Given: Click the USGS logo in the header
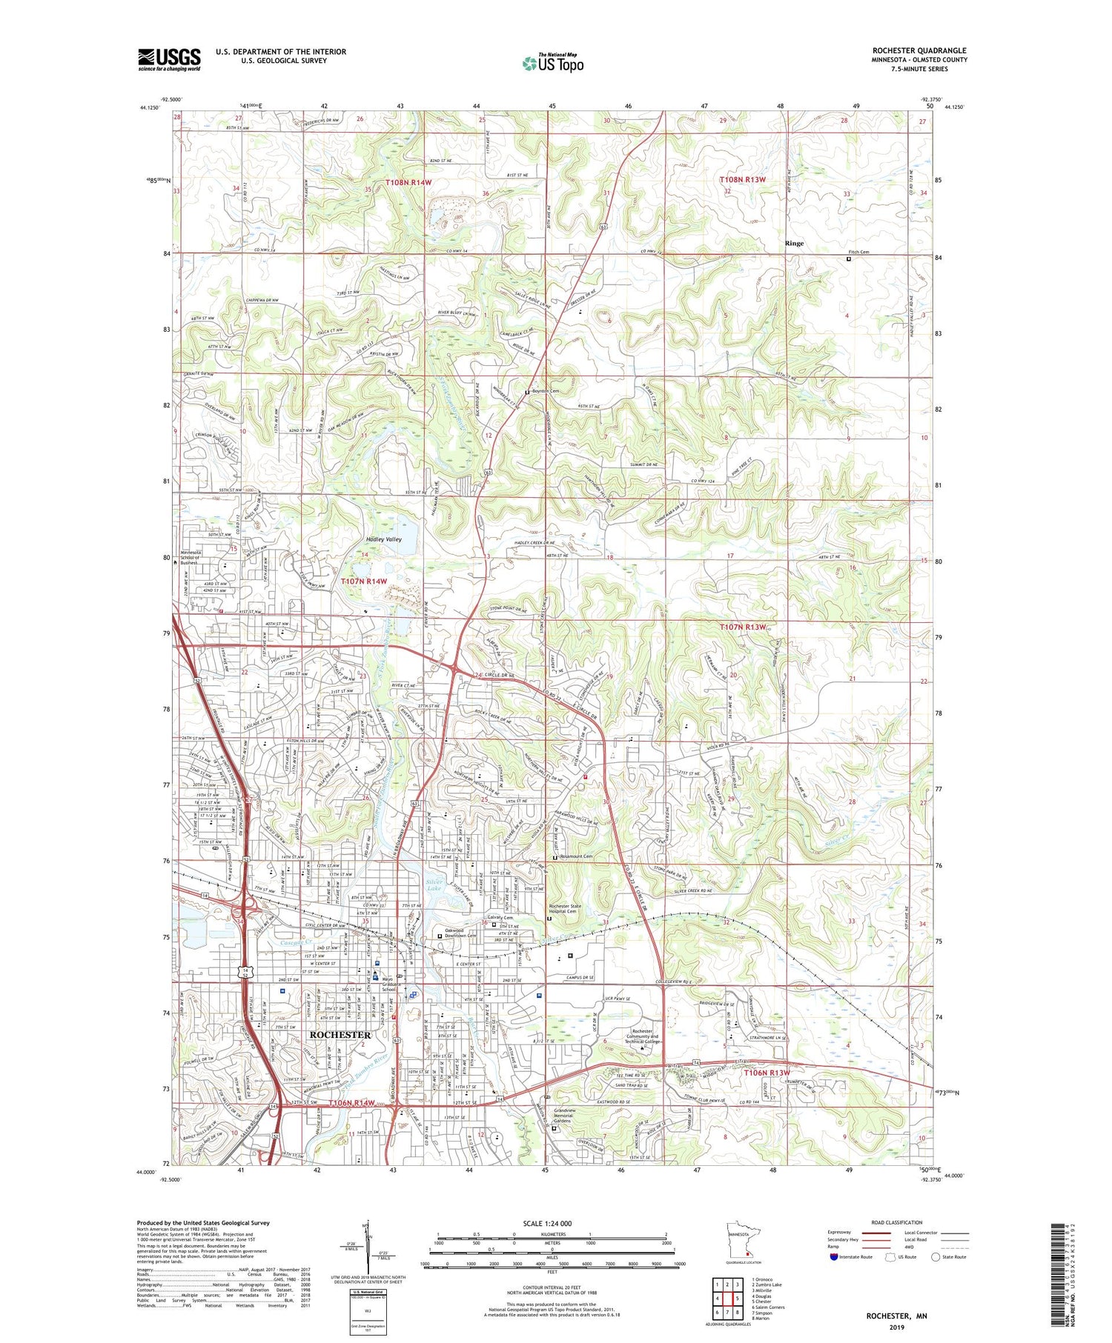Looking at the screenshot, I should tap(169, 59).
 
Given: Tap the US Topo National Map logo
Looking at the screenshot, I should tap(552, 63).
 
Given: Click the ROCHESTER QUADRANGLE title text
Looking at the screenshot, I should tap(919, 50).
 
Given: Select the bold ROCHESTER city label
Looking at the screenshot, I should tap(340, 1035).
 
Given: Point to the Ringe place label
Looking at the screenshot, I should tap(794, 243).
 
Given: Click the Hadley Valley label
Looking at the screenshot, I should tap(383, 539).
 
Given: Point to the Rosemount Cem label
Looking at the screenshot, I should tap(578, 857).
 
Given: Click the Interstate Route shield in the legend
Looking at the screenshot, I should tap(835, 1257).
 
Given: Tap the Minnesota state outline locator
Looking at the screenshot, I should tap(741, 1242).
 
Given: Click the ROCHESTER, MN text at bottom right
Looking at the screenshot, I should tap(897, 1316).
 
